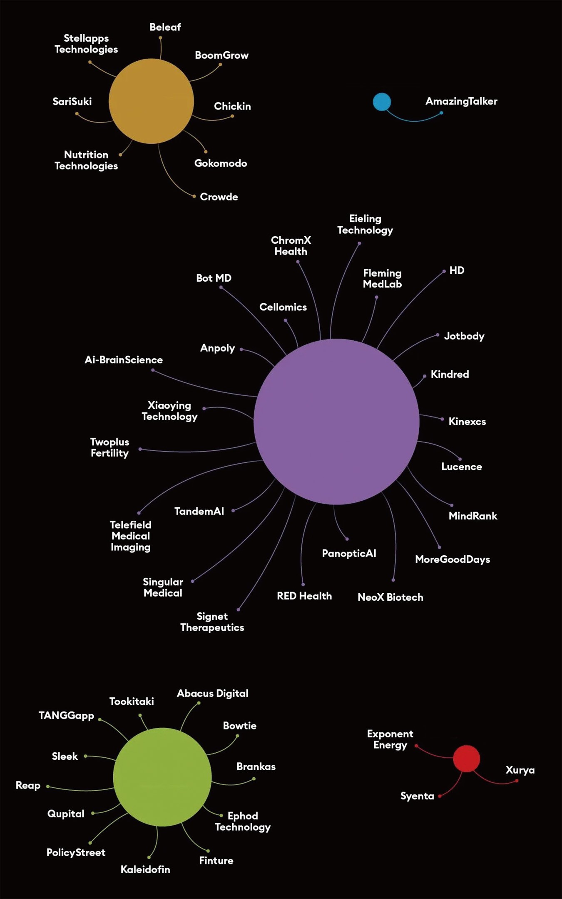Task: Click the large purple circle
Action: point(336,422)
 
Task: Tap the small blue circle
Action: point(382,102)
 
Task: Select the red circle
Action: point(466,759)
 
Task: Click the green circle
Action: point(162,777)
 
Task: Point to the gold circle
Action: point(151,101)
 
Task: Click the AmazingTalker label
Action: point(461,101)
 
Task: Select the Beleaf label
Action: point(165,27)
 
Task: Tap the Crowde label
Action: point(219,197)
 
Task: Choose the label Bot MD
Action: point(214,278)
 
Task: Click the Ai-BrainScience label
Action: point(124,360)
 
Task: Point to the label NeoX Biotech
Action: point(390,597)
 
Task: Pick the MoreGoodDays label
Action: point(452,559)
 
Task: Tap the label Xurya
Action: point(520,770)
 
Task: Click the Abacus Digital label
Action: point(212,693)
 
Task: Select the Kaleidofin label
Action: point(145,869)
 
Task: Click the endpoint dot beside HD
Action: point(444,271)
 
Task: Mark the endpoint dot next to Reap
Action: point(48,787)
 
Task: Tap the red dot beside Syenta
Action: point(440,796)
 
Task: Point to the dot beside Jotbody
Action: point(438,335)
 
